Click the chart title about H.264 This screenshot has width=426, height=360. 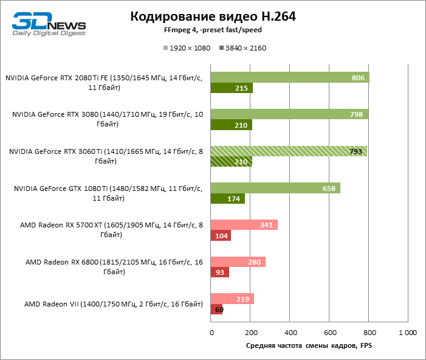pos(213,17)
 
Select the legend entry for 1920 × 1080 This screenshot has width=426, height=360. pos(186,48)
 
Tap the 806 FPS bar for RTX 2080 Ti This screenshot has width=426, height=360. pos(289,77)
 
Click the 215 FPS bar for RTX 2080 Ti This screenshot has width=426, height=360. pos(231,88)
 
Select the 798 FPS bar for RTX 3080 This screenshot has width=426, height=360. pos(289,114)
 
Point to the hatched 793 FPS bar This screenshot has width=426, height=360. pos(288,151)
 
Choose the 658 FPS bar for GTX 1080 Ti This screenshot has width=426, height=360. pos(275,188)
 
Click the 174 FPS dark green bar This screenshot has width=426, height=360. pos(227,199)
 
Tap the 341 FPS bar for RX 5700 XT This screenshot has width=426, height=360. pos(244,225)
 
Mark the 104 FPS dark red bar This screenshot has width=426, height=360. pos(220,236)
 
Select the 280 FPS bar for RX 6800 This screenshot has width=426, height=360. pos(238,262)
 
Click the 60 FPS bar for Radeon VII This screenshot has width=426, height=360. pos(216,310)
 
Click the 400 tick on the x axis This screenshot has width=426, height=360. pos(290,333)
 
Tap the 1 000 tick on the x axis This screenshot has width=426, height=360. pos(407,333)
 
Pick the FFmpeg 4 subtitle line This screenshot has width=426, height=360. pos(213,30)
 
